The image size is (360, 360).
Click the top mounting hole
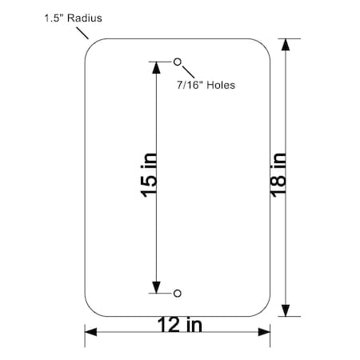[178, 62]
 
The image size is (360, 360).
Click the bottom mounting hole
[178, 293]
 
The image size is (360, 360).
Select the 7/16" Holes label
[206, 84]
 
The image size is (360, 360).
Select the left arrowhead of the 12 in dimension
[90, 331]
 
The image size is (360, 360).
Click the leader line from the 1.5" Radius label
[83, 32]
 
